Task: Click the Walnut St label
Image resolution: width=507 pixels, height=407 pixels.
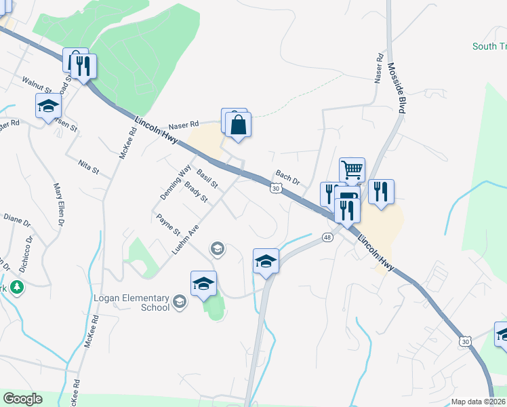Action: (36, 84)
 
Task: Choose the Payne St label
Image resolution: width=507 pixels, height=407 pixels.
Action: (168, 225)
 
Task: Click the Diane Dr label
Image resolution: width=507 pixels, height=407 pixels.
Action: (17, 222)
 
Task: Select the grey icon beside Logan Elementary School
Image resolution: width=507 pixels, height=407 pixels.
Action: (180, 302)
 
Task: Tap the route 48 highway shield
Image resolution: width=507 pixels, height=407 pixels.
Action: (327, 237)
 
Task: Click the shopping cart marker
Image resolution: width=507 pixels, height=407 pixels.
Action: (352, 170)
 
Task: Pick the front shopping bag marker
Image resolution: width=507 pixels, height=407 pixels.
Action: (238, 125)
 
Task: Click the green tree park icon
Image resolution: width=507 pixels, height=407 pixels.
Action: (16, 288)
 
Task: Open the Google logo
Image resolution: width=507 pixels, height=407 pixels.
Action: (22, 399)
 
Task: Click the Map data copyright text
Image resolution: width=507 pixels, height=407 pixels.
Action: (478, 402)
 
